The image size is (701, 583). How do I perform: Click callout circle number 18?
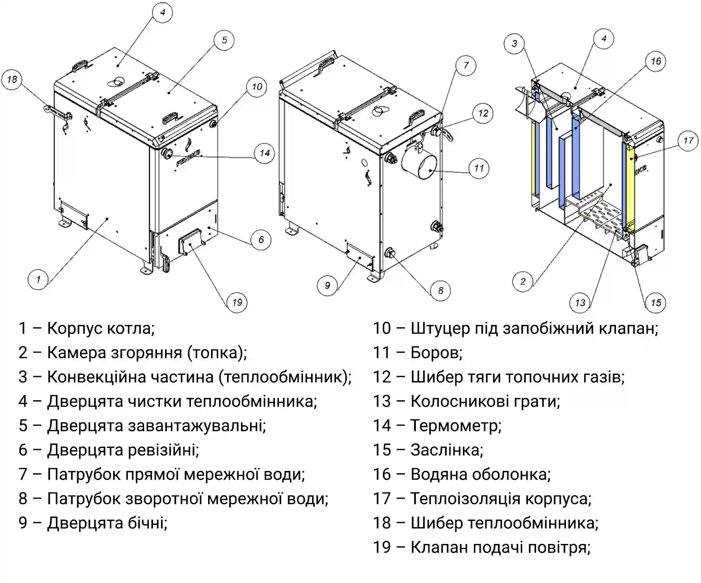pos(12,80)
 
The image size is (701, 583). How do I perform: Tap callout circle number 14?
pos(265,153)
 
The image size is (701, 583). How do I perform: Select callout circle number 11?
pos(479,168)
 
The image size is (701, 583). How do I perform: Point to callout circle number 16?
pos(656,61)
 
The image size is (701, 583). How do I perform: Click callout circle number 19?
pos(237,302)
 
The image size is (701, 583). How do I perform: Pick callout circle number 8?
pos(440,291)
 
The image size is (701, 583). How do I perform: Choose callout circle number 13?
pos(580,303)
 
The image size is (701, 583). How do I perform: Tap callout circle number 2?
pos(523,281)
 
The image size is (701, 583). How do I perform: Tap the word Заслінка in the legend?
pos(447,450)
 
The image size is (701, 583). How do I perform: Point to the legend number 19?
pos(382,548)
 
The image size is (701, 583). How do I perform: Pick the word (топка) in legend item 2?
pos(217,353)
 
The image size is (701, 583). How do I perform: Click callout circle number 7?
pos(466,66)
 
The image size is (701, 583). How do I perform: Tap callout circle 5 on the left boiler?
pos(224,40)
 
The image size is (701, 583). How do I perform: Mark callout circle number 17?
pos(688,141)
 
